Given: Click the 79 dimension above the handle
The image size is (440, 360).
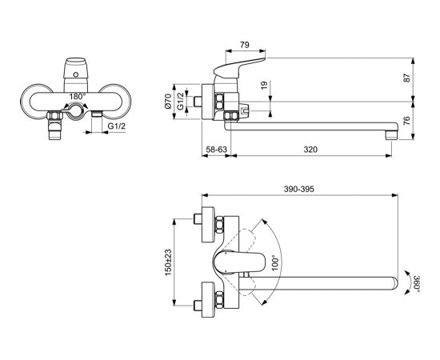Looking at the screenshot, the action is tap(245, 45).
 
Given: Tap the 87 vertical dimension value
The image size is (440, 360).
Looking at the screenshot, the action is tap(406, 78).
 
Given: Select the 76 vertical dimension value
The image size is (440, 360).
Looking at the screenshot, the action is tap(406, 120).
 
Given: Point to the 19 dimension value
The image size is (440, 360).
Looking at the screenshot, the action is tap(264, 86).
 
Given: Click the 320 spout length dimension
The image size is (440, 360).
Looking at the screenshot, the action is tap(310, 150).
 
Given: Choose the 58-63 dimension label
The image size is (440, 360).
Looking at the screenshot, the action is tap(216, 150).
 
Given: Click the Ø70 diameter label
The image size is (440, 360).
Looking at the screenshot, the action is tap(168, 101).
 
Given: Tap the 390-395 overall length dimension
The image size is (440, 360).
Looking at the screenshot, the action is tap(299, 189).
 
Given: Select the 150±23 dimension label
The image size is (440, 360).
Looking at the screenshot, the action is tap(168, 262).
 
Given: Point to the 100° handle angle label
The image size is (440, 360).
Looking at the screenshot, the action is tap(275, 262).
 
